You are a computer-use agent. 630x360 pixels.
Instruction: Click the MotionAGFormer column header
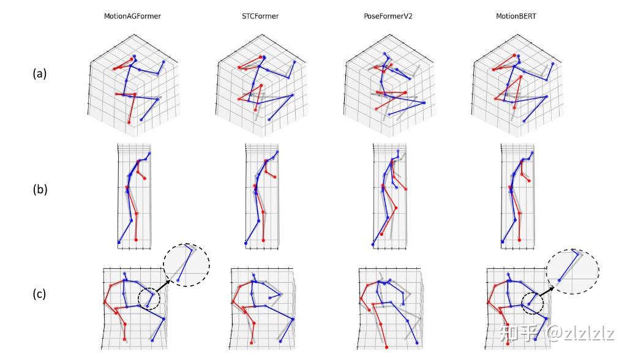pyautogui.click(x=132, y=16)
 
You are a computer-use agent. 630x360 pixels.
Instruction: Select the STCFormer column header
pyautogui.click(x=260, y=16)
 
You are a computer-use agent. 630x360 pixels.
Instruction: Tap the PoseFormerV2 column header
pyautogui.click(x=388, y=16)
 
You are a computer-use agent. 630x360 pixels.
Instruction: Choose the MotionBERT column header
pyautogui.click(x=516, y=16)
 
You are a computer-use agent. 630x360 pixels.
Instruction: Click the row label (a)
pyautogui.click(x=40, y=73)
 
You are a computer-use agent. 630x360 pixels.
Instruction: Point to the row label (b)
pyautogui.click(x=40, y=189)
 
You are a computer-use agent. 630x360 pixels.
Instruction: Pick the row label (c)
pyautogui.click(x=40, y=294)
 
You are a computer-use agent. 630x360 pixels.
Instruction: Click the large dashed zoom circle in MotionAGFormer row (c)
pyautogui.click(x=186, y=264)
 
